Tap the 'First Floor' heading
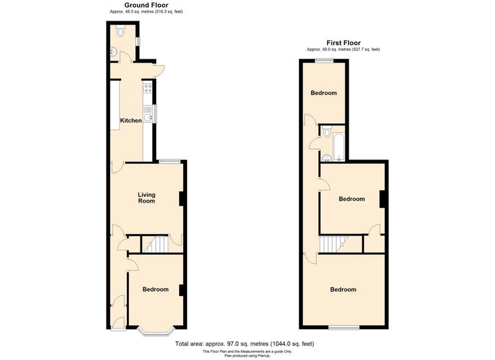click(343, 43)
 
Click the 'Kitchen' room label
click(131, 121)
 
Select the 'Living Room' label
click(146, 197)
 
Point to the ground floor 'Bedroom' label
click(155, 290)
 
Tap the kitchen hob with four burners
click(148, 88)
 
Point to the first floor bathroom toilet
click(326, 134)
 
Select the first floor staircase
click(331, 244)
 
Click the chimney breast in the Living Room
click(182, 199)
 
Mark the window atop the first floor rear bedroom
click(324, 61)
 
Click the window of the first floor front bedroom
click(344, 328)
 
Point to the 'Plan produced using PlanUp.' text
click(247, 355)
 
